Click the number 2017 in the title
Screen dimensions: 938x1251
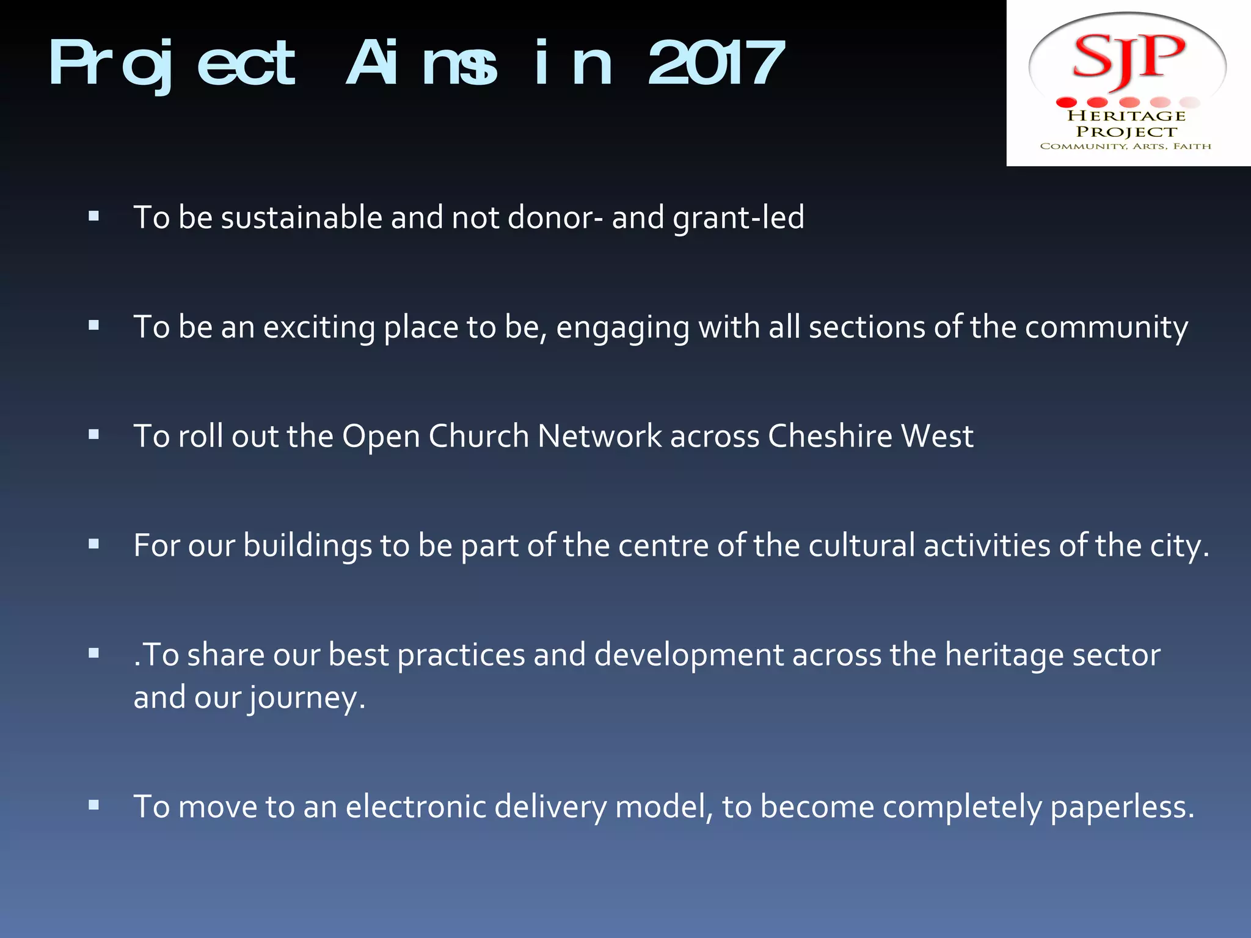coord(716,63)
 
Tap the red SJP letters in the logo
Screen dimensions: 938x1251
coord(1128,58)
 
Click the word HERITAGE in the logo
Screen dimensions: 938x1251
coord(1126,115)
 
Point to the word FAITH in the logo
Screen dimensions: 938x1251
coord(1192,146)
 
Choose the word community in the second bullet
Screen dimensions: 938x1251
coord(1106,328)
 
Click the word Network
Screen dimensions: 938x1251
coord(599,436)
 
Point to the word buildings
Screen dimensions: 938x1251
coord(307,546)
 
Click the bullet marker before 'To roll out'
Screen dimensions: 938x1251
coord(93,435)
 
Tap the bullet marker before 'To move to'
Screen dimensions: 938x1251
coord(93,805)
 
